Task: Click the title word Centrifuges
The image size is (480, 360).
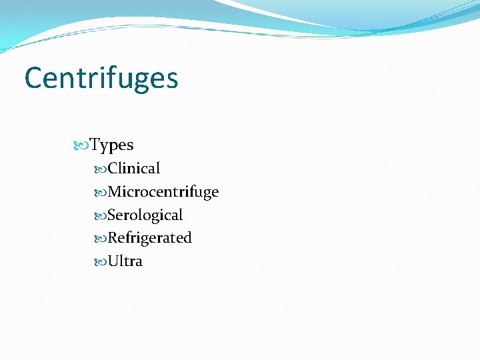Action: click(x=101, y=78)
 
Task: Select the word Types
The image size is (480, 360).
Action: click(x=111, y=145)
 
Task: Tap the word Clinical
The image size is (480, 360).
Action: click(x=134, y=169)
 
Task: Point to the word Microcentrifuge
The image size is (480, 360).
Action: click(x=163, y=192)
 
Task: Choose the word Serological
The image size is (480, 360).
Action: click(x=145, y=215)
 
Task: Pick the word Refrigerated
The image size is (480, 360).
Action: click(x=149, y=238)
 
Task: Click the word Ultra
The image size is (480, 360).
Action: click(x=125, y=261)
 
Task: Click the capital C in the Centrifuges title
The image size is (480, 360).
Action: click(x=33, y=78)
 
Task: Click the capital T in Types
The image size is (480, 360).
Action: click(x=95, y=145)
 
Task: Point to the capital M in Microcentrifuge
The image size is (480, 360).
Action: click(x=114, y=192)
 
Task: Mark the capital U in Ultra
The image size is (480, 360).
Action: click(x=113, y=261)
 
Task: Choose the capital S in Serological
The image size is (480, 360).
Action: click(x=111, y=215)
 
